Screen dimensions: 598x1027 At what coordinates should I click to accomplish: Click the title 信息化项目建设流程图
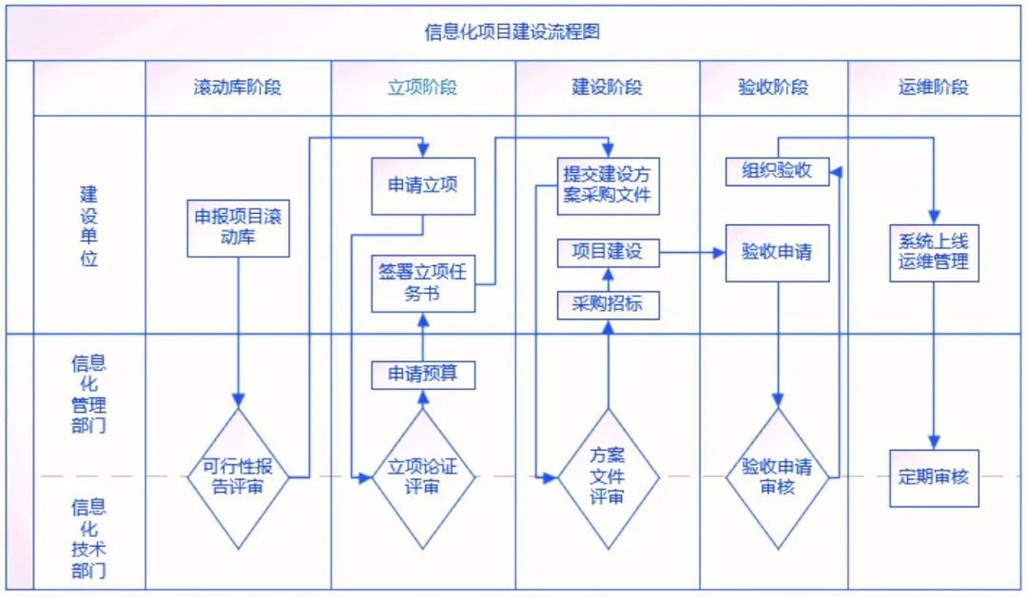513,31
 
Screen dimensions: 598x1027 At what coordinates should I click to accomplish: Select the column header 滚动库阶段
237,87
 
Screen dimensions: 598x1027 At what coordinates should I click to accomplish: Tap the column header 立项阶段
422,87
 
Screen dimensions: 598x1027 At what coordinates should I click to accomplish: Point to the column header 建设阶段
607,87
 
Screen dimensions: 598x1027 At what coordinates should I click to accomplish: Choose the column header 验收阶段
773,87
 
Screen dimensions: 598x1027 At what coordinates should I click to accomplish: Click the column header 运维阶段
933,87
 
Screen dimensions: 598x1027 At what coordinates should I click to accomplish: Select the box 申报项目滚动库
238,227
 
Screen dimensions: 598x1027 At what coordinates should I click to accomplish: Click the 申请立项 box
422,184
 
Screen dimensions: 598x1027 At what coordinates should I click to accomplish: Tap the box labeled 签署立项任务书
422,282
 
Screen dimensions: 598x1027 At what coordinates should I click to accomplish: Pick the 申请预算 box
422,374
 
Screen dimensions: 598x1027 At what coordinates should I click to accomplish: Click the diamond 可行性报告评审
239,477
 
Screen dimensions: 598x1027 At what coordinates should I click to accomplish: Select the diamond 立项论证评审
422,477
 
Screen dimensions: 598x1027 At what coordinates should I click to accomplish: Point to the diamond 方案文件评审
607,477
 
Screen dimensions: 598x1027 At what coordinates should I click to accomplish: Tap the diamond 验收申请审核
777,477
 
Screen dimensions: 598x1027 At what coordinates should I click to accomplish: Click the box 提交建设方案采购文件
607,184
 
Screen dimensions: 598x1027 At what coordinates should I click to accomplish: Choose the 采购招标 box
607,304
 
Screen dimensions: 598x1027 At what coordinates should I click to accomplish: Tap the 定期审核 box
933,477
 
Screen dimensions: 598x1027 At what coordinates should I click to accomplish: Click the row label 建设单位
88,225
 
